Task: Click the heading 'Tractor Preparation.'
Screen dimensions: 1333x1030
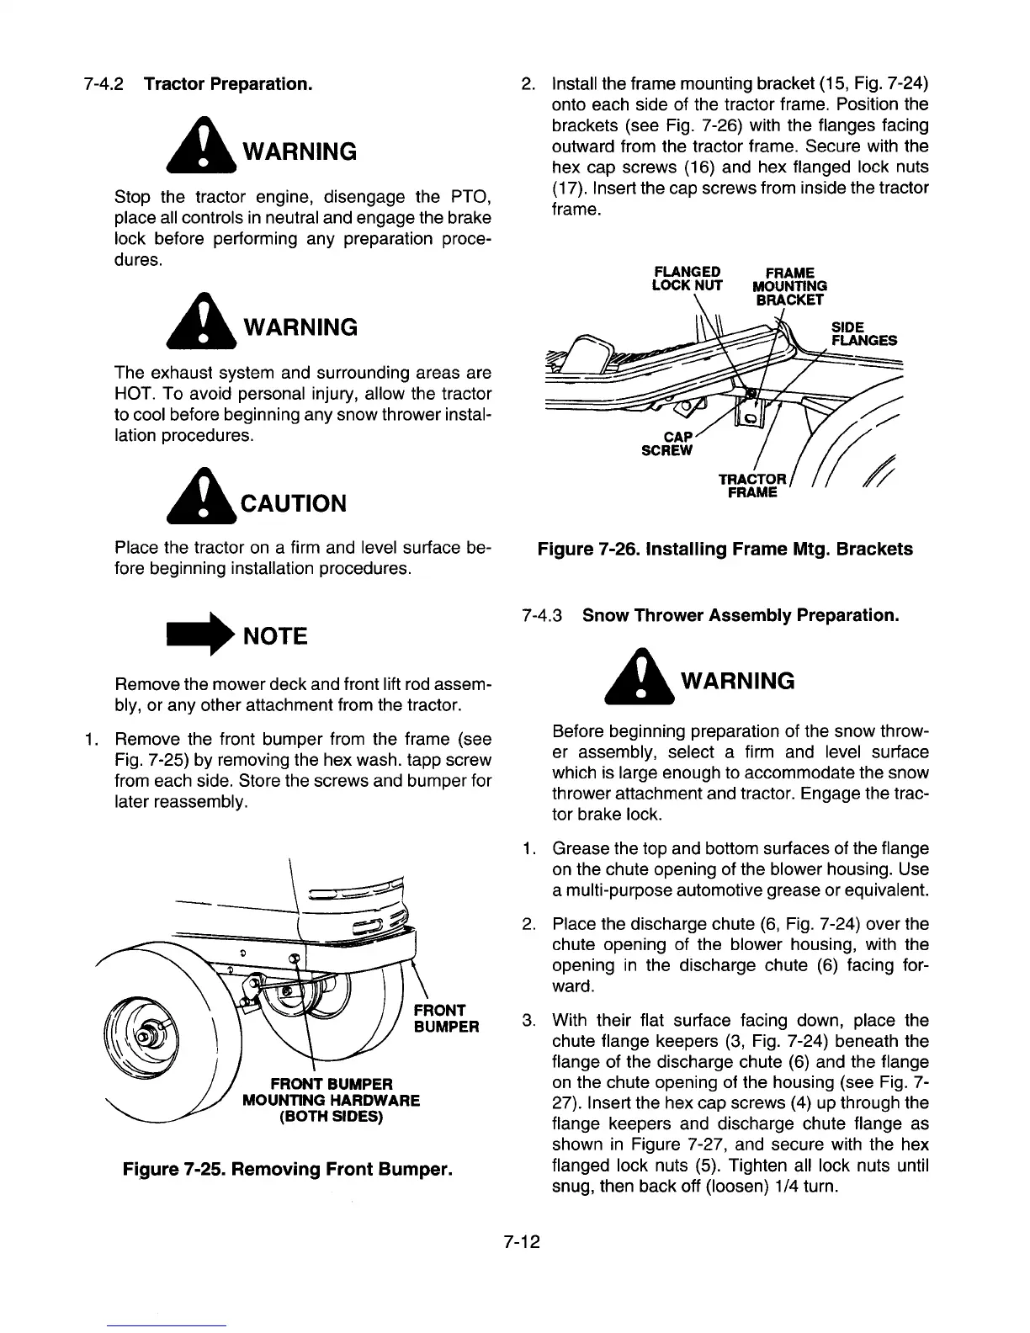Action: pyautogui.click(x=229, y=85)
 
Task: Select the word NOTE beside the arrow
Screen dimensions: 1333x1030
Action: pyautogui.click(x=275, y=636)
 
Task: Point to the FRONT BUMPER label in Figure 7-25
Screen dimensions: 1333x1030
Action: pyautogui.click(x=446, y=1018)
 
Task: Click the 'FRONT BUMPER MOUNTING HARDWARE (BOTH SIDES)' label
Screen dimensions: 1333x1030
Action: pyautogui.click(x=331, y=1100)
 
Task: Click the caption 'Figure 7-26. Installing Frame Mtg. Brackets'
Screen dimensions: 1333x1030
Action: pyautogui.click(x=725, y=550)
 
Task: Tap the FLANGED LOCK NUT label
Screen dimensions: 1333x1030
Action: pyautogui.click(x=688, y=279)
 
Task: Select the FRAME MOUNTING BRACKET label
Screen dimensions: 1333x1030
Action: pyautogui.click(x=789, y=286)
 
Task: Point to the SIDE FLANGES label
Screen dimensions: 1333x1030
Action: pyautogui.click(x=863, y=334)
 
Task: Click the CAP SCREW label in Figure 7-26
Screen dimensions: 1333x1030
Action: pyautogui.click(x=670, y=443)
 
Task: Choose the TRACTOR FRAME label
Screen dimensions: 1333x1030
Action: pyautogui.click(x=752, y=486)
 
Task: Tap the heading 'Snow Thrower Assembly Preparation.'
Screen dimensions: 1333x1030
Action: pyautogui.click(x=741, y=615)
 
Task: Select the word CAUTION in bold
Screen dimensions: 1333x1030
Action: pyautogui.click(x=293, y=503)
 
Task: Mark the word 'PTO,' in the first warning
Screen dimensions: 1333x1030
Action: pyautogui.click(x=471, y=198)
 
